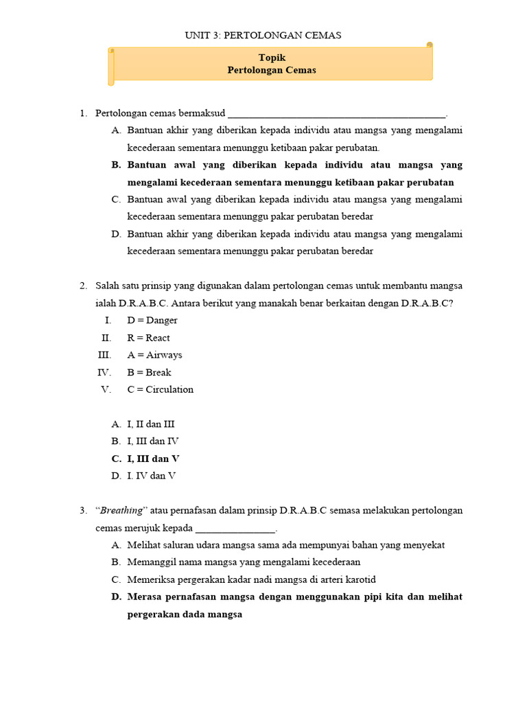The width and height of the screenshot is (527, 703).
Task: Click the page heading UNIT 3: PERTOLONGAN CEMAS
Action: [263, 35]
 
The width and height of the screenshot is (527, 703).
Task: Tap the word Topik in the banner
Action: [272, 58]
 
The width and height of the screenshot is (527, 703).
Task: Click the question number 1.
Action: [83, 113]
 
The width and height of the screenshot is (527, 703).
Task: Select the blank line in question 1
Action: [336, 114]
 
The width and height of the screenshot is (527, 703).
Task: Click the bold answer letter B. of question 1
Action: [116, 165]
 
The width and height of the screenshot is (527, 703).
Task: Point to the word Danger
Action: [161, 320]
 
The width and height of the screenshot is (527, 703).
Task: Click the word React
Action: [158, 338]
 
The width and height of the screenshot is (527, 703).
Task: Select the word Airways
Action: [163, 355]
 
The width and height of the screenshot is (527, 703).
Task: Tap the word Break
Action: [158, 372]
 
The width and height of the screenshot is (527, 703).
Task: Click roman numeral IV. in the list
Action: [104, 372]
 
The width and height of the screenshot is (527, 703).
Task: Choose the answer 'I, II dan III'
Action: [151, 424]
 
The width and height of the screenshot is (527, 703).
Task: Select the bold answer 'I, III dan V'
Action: [153, 459]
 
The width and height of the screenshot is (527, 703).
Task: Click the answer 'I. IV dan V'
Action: [151, 476]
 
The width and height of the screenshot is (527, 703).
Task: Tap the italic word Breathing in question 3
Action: [122, 510]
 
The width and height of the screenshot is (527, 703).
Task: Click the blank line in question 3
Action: [235, 529]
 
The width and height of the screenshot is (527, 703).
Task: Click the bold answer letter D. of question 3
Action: [116, 597]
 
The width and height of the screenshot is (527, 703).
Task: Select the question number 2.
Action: [83, 286]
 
